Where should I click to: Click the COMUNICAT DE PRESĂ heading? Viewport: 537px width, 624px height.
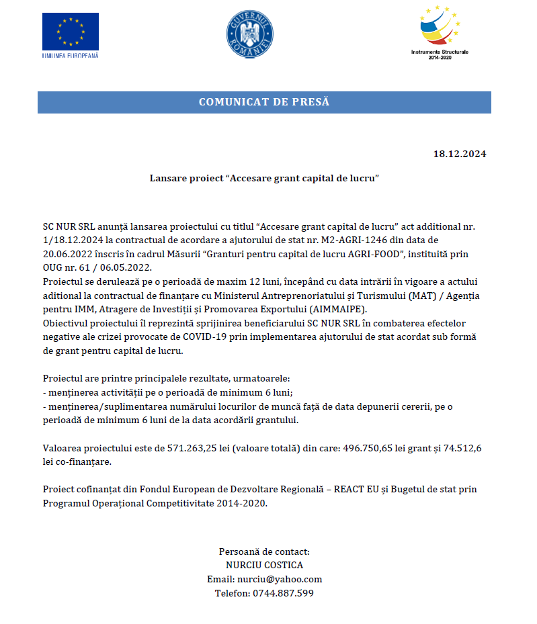click(x=264, y=102)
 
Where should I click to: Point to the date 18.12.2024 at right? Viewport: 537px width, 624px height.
click(x=459, y=154)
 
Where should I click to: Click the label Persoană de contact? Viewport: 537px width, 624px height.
click(x=264, y=551)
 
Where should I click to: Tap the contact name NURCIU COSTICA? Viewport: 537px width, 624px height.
click(x=264, y=566)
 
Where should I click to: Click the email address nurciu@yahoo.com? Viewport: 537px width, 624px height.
click(x=279, y=579)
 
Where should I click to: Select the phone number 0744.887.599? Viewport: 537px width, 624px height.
click(x=282, y=593)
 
